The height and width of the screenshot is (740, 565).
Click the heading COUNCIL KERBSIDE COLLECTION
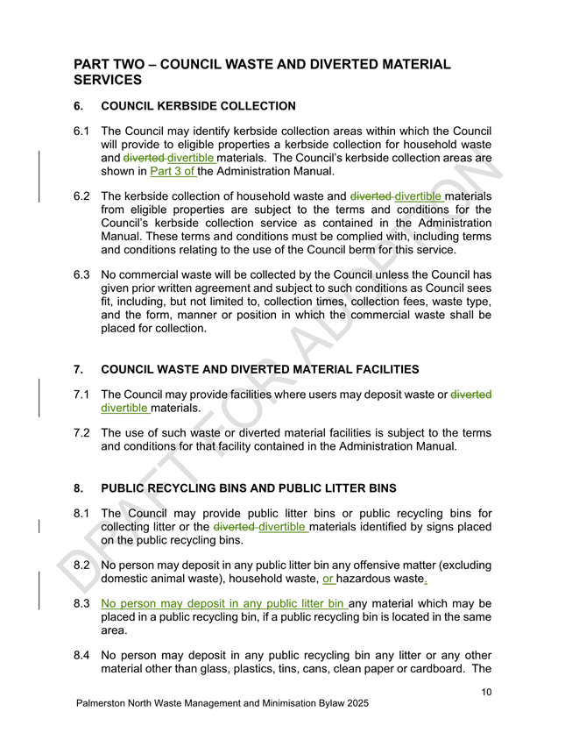click(199, 106)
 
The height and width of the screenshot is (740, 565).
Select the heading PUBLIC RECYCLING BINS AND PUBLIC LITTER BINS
click(249, 487)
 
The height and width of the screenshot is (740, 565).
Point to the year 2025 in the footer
click(355, 703)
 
